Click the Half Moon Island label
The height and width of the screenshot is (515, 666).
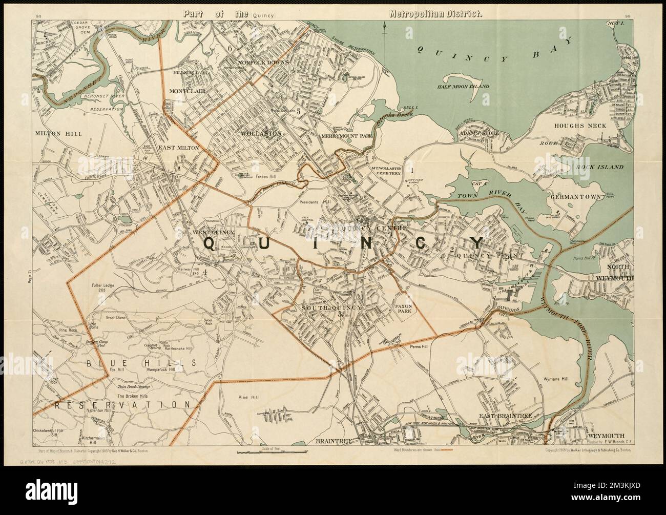463,87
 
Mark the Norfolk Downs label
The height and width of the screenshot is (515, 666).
263,63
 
